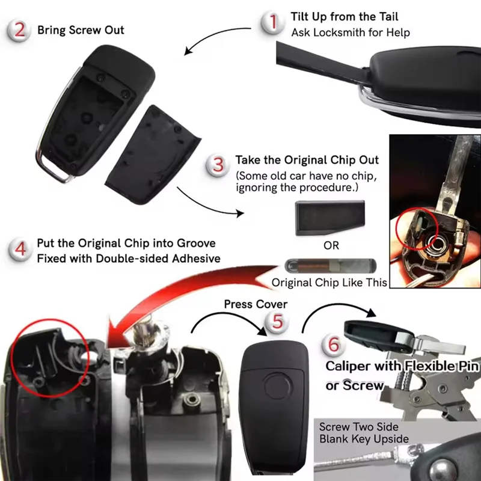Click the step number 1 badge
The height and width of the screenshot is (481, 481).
point(274,22)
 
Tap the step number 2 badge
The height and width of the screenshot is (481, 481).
point(20,29)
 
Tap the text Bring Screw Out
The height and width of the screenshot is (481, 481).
point(81,29)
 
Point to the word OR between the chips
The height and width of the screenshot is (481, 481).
point(331,245)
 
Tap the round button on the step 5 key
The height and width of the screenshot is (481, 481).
point(278,384)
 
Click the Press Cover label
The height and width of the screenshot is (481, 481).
point(256,304)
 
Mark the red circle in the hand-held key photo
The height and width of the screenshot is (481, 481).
point(415,228)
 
